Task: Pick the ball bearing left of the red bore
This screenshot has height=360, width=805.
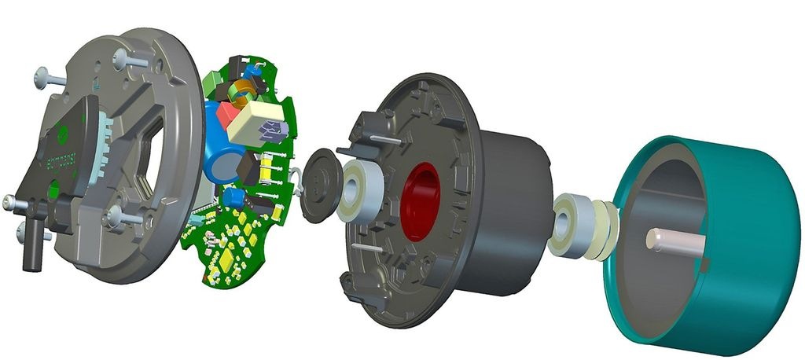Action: [x=360, y=193]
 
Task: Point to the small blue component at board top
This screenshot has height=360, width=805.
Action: [x=252, y=69]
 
